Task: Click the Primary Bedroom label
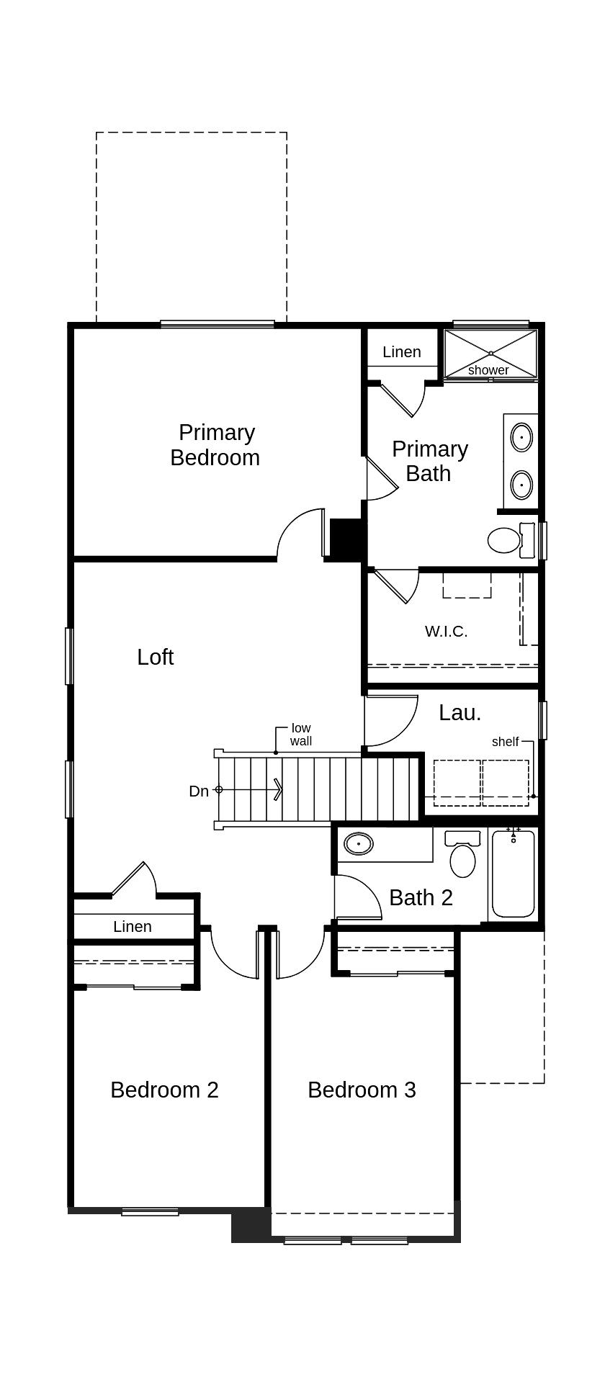215,445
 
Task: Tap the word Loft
156,657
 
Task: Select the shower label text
488,370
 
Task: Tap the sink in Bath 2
358,843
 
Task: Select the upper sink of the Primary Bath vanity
521,436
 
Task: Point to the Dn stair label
199,791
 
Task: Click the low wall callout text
301,735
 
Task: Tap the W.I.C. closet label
446,632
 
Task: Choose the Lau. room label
460,713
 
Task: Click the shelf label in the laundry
505,742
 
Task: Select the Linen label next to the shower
401,352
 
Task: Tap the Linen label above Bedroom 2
133,927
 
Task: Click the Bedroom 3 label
362,1090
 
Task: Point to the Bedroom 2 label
164,1090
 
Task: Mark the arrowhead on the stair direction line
278,790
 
